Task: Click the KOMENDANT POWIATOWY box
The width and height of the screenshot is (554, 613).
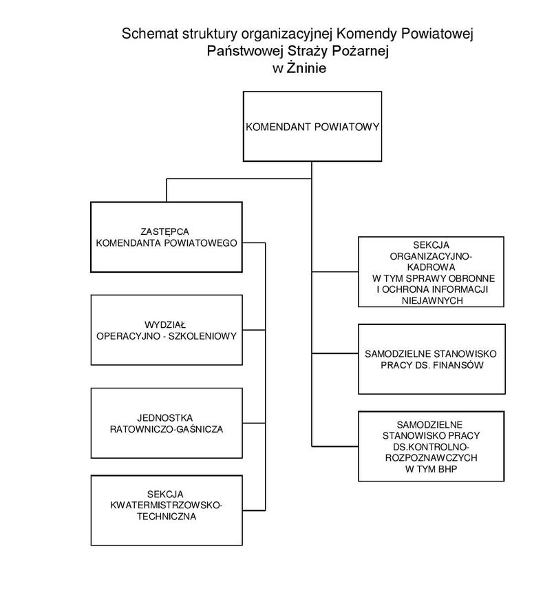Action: click(x=312, y=127)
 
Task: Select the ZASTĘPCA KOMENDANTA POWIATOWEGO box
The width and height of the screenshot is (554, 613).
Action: click(x=167, y=236)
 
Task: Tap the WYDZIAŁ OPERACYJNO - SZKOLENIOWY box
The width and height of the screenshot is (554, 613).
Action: click(x=167, y=330)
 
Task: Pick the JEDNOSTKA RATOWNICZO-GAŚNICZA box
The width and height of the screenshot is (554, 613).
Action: click(x=167, y=423)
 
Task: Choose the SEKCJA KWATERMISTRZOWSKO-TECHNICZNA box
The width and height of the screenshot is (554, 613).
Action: click(x=167, y=510)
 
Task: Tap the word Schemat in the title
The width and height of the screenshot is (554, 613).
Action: click(x=143, y=34)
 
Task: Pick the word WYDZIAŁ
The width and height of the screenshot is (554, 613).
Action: click(x=167, y=324)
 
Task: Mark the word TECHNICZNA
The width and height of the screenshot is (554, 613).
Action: click(x=166, y=517)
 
